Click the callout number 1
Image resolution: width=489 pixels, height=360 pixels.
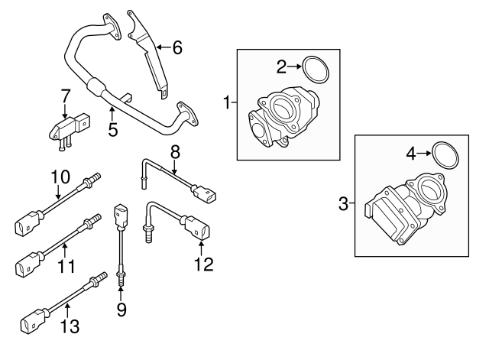pyautogui.click(x=226, y=101)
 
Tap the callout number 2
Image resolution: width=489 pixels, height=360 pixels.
pyautogui.click(x=281, y=67)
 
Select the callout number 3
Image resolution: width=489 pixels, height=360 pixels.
pyautogui.click(x=343, y=203)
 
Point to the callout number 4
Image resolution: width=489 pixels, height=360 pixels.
pyautogui.click(x=411, y=154)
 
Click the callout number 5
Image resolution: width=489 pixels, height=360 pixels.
pyautogui.click(x=112, y=129)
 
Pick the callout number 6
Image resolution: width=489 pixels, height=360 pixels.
pyautogui.click(x=176, y=47)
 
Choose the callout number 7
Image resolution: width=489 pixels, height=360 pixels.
pyautogui.click(x=66, y=96)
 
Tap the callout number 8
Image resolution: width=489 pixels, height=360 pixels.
pyautogui.click(x=174, y=151)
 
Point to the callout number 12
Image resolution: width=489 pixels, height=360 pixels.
pyautogui.click(x=202, y=264)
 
